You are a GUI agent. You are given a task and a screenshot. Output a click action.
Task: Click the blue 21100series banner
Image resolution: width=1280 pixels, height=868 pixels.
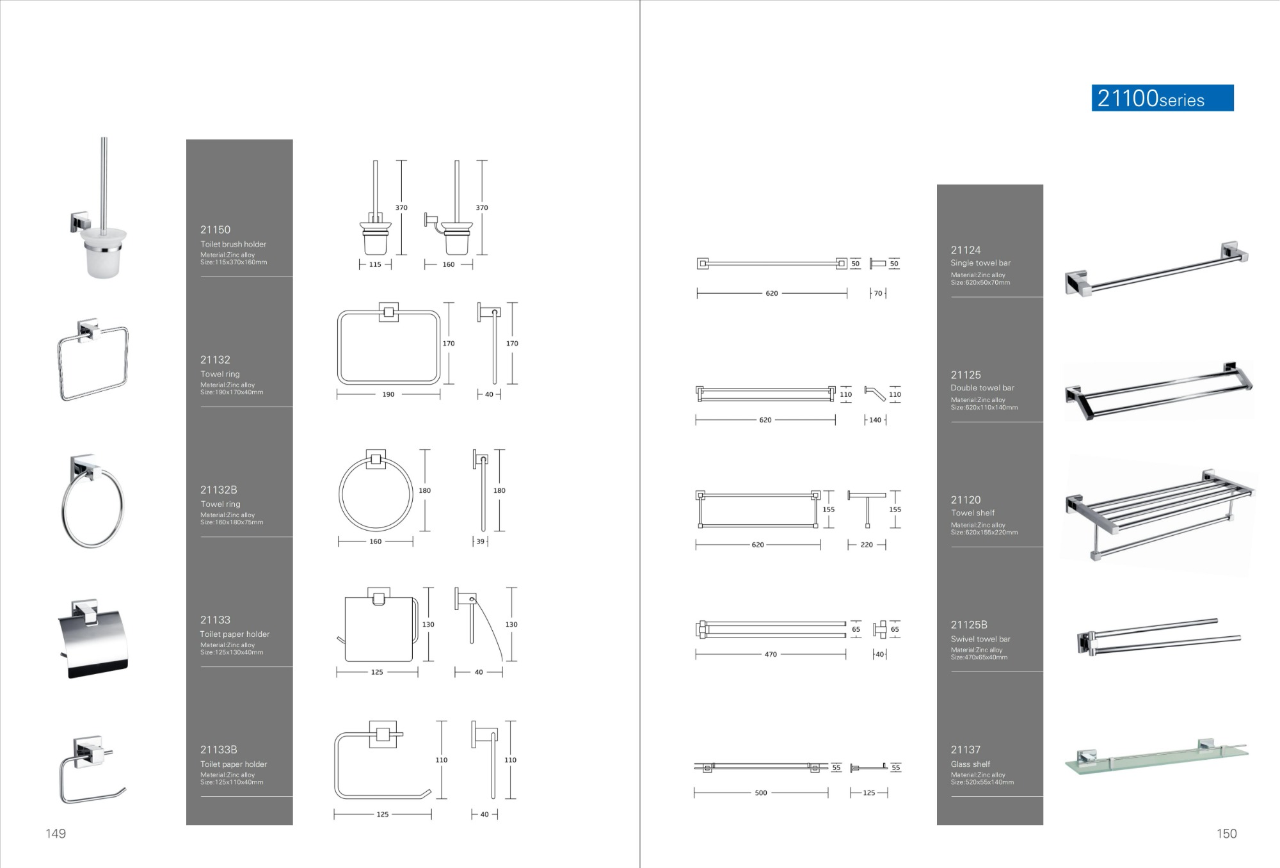click(1162, 98)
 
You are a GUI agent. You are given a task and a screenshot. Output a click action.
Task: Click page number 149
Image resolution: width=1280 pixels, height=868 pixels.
click(56, 833)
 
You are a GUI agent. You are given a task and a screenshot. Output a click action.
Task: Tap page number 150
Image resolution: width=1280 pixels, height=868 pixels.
click(1227, 833)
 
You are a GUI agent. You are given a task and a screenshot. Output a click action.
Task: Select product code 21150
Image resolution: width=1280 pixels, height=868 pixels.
click(215, 230)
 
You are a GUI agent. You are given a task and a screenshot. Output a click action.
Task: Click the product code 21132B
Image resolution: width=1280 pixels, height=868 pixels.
click(219, 490)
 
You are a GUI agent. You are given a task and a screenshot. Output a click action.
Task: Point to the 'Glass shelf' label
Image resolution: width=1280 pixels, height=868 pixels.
click(970, 764)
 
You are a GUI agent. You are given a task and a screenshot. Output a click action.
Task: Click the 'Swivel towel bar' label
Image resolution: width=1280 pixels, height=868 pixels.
click(980, 639)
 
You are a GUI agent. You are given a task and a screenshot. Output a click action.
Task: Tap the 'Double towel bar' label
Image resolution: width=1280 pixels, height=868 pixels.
click(982, 388)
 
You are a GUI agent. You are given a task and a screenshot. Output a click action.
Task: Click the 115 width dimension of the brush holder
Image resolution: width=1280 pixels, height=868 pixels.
click(375, 264)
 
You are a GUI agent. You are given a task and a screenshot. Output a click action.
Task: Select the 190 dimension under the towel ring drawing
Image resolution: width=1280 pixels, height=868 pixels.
click(388, 394)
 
